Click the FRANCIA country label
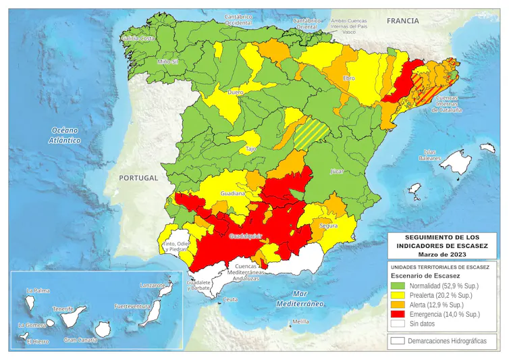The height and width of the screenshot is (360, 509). click(402, 21)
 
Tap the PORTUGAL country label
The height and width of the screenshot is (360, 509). click(138, 178)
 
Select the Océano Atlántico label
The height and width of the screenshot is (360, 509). click(65, 135)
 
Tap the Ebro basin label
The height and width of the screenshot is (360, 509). click(349, 78)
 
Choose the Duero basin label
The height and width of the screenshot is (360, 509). click(236, 92)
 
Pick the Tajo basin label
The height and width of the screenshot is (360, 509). click(250, 148)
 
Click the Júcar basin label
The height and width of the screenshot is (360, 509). click(338, 172)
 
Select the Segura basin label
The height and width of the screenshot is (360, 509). click(329, 226)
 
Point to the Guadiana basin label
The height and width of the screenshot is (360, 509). click(232, 193)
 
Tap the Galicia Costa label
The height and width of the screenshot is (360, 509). click(138, 38)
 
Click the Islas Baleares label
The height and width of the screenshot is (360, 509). click(430, 155)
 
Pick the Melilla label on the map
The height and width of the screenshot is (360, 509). click(300, 322)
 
